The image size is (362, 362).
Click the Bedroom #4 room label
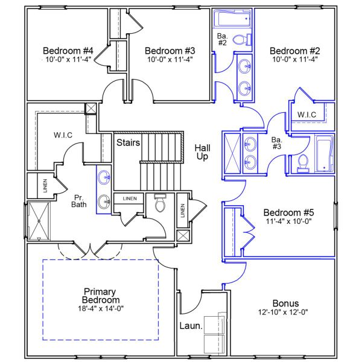(x=66, y=50)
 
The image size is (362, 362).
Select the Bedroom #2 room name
(x=294, y=50)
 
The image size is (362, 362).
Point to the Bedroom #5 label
(x=289, y=212)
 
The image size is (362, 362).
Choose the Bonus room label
(x=286, y=303)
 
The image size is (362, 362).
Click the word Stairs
(x=128, y=143)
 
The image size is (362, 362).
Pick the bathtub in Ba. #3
(x=323, y=153)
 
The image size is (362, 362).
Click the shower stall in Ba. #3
(x=232, y=151)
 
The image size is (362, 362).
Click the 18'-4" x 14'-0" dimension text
(x=101, y=309)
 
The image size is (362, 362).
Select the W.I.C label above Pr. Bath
(x=63, y=135)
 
